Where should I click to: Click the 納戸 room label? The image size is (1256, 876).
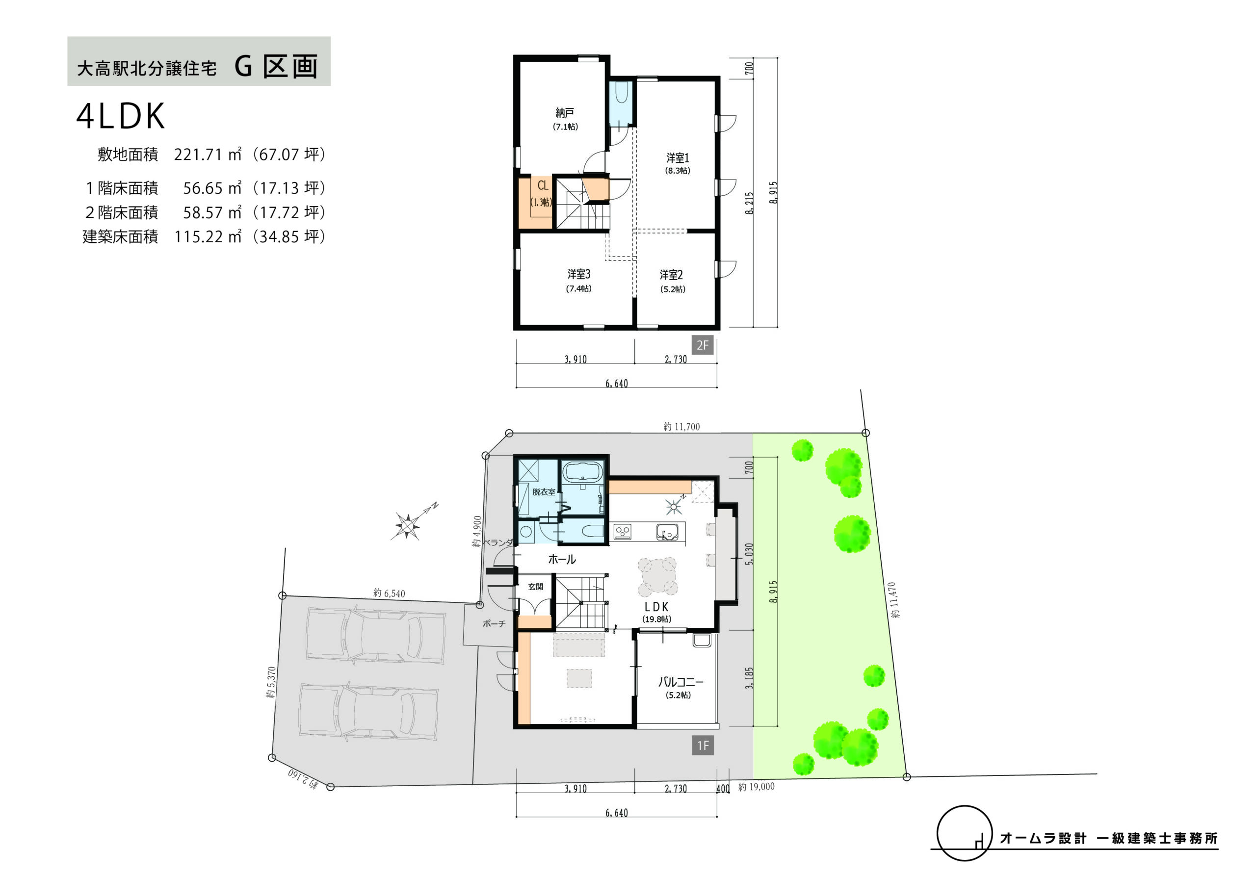tap(565, 113)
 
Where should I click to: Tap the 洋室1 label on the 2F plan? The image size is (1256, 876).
tap(678, 158)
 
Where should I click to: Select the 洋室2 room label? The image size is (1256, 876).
tap(671, 275)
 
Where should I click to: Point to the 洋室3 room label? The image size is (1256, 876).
tap(579, 274)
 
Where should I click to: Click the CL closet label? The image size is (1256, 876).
tap(543, 186)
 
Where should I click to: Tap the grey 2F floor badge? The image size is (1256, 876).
tap(703, 345)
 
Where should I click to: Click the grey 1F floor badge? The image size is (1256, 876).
tap(703, 746)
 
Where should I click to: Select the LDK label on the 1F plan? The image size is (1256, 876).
tap(656, 606)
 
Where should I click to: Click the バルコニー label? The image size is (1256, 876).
tap(680, 682)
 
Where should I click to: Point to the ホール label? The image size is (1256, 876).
tap(562, 559)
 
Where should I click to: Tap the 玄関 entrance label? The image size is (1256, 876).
tap(536, 587)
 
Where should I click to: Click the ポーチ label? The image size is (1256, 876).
tap(494, 623)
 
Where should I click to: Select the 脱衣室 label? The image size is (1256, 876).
tap(544, 491)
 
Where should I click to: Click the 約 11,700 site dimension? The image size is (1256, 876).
tap(681, 427)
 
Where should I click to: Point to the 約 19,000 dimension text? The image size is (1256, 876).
tap(757, 786)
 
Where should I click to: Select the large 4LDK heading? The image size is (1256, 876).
tap(121, 116)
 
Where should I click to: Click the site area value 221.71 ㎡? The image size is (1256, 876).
tap(208, 155)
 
